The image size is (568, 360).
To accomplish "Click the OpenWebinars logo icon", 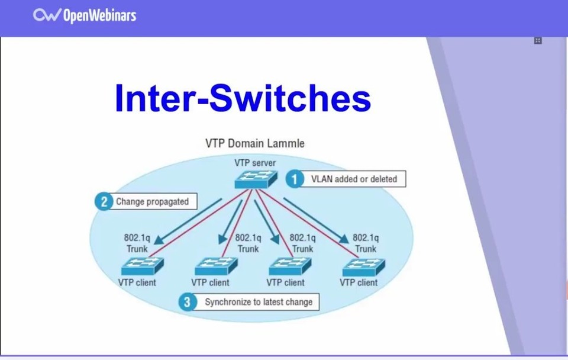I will pyautogui.click(x=46, y=15).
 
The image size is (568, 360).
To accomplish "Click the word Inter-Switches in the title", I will pyautogui.click(x=243, y=98).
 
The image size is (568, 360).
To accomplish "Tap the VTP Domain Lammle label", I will pyautogui.click(x=255, y=143).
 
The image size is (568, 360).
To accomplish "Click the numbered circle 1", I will pyautogui.click(x=295, y=179).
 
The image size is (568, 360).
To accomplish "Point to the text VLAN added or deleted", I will pyautogui.click(x=354, y=179).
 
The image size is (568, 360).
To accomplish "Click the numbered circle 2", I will pyautogui.click(x=104, y=201).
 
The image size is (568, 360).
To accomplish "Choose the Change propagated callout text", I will pyautogui.click(x=152, y=201).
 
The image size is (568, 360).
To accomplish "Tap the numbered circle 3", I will pyautogui.click(x=188, y=302).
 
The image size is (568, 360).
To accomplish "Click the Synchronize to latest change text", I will pyautogui.click(x=259, y=302).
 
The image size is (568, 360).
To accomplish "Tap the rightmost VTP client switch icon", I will pyautogui.click(x=363, y=266).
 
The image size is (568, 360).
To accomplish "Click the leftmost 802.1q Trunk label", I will pyautogui.click(x=137, y=243).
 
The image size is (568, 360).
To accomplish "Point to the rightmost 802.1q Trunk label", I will pyautogui.click(x=366, y=243).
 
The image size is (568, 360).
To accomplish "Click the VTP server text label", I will pyautogui.click(x=254, y=163).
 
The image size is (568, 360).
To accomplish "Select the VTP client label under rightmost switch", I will pyautogui.click(x=359, y=282).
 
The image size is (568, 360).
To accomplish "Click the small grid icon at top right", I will pyautogui.click(x=538, y=40).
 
